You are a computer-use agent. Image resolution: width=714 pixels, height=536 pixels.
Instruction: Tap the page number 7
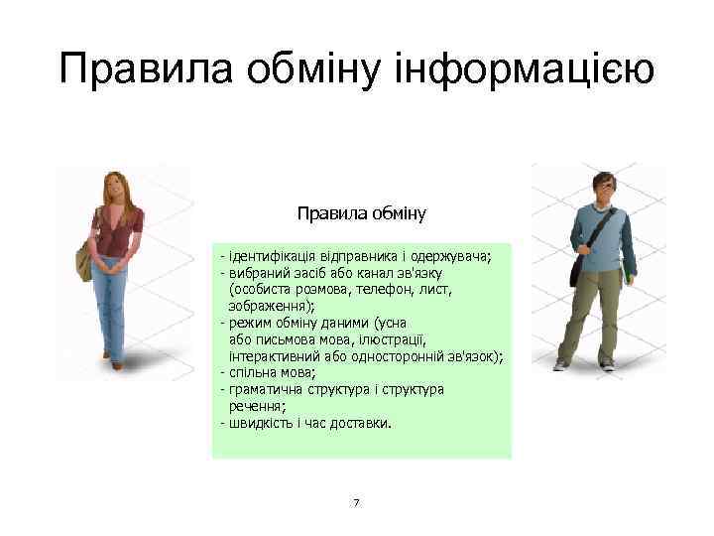click(356, 503)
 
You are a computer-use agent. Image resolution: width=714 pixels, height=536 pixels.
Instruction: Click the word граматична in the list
click(265, 389)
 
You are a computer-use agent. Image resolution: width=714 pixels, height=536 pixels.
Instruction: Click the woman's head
click(117, 185)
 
